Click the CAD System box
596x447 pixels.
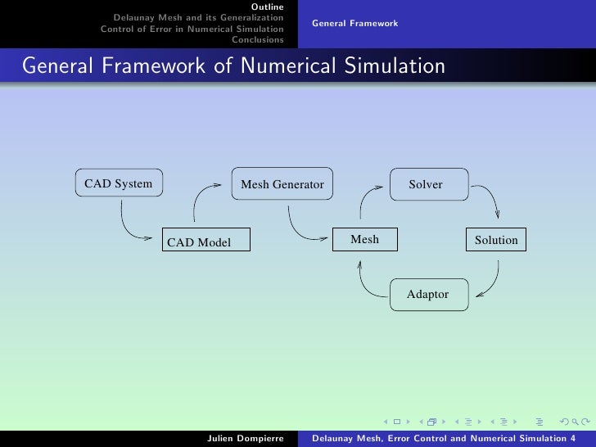pyautogui.click(x=118, y=183)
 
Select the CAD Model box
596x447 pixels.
pyautogui.click(x=205, y=242)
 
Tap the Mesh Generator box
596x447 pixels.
pyautogui.click(x=282, y=184)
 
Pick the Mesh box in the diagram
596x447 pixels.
pyautogui.click(x=364, y=239)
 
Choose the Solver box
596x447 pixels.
pyautogui.click(x=426, y=184)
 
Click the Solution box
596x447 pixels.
pyautogui.click(x=496, y=240)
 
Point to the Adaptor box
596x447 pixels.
pyautogui.click(x=428, y=294)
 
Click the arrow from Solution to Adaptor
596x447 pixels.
pyautogui.click(x=491, y=282)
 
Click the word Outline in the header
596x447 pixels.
pyautogui.click(x=268, y=7)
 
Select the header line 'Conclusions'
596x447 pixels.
pyautogui.click(x=258, y=38)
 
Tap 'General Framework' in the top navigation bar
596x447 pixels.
pyautogui.click(x=354, y=23)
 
